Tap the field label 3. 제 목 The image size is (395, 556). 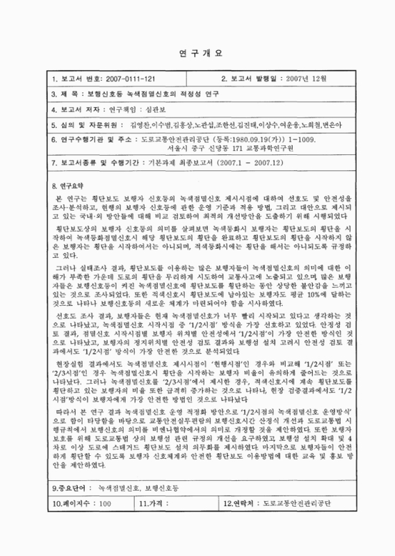tap(66, 94)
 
